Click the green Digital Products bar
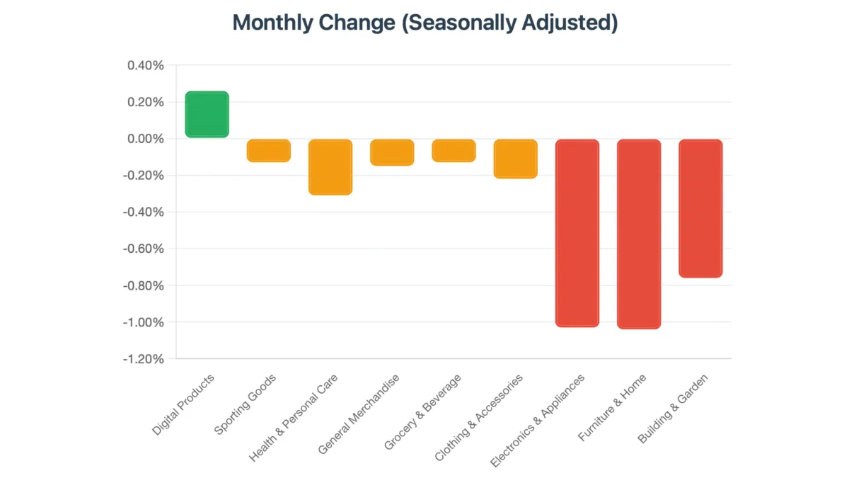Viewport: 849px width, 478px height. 207,114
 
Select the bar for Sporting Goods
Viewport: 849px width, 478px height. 268,150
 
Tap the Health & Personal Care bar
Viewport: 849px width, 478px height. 330,166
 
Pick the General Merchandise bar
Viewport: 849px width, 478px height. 392,152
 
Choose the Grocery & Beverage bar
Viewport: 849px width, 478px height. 454,150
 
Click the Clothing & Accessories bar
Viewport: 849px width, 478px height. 515,159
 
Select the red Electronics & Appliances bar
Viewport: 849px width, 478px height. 577,233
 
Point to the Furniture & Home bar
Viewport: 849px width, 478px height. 639,234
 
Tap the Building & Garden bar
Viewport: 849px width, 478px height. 700,208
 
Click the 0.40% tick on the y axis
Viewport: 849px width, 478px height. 146,65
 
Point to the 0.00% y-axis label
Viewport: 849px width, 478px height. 146,139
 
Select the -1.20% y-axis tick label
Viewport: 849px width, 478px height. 144,359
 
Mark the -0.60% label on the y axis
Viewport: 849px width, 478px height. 144,249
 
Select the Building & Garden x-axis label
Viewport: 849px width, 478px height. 674,409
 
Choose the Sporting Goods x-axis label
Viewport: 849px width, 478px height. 245,404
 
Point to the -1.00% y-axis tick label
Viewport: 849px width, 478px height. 144,322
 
